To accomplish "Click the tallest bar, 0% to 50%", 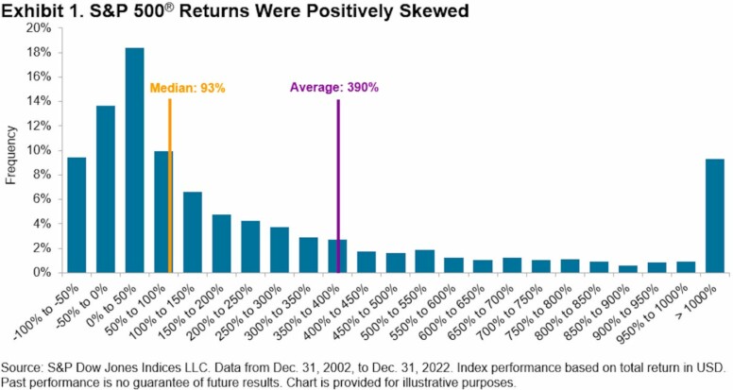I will (134, 161).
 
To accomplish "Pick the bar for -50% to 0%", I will (106, 189).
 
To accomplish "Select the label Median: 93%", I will (187, 88).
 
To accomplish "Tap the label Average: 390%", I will (333, 88).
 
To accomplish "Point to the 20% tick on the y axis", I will (38, 28).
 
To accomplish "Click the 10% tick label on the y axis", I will (38, 150).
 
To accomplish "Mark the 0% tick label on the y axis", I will (42, 272).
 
